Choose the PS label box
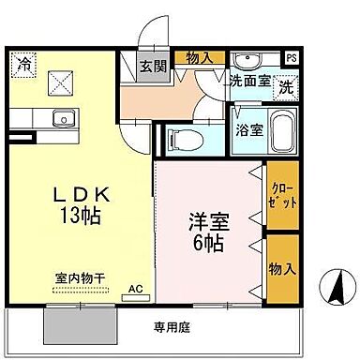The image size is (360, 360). (x=292, y=57)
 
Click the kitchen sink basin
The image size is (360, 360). (x=63, y=118)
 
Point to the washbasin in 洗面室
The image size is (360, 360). (x=248, y=58)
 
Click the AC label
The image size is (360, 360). (x=135, y=289)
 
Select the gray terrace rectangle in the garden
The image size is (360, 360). (x=79, y=325)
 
